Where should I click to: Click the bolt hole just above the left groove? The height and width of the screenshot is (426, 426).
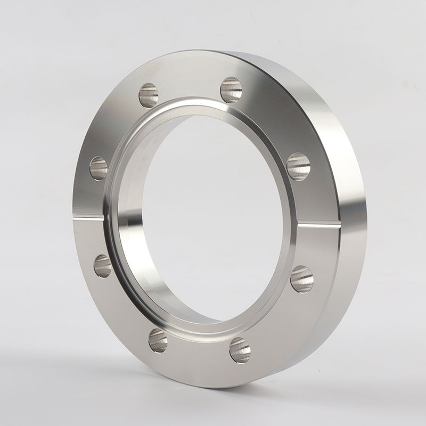pyautogui.click(x=99, y=168)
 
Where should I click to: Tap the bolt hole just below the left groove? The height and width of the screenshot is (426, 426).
pyautogui.click(x=103, y=266)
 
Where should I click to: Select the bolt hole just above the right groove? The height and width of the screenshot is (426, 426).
pyautogui.click(x=299, y=166)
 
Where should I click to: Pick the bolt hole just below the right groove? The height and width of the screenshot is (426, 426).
pyautogui.click(x=302, y=279)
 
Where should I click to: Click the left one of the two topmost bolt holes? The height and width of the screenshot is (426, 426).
pyautogui.click(x=149, y=95)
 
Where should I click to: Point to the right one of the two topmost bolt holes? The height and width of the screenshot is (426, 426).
pyautogui.click(x=231, y=89)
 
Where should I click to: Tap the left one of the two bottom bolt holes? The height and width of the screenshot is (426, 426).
pyautogui.click(x=158, y=340)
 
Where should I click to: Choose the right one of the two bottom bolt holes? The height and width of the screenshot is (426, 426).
pyautogui.click(x=240, y=350)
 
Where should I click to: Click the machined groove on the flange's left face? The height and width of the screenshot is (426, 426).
pyautogui.click(x=91, y=217)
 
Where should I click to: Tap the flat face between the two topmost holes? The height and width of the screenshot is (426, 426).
pyautogui.click(x=189, y=85)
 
